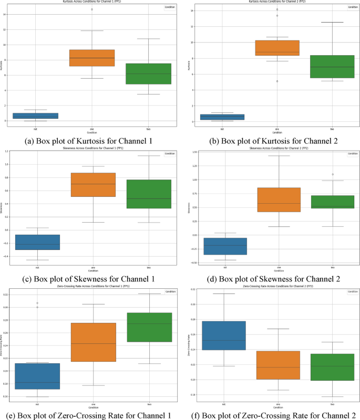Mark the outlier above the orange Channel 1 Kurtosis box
(92, 9)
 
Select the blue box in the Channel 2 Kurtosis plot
(222, 117)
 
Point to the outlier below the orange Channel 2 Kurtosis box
(277, 81)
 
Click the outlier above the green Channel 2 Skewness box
(332, 174)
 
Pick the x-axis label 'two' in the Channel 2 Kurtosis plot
(332, 129)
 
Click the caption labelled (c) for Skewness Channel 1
(91, 278)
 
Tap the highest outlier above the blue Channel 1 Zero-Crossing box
(37, 303)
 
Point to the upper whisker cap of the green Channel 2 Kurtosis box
(332, 23)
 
